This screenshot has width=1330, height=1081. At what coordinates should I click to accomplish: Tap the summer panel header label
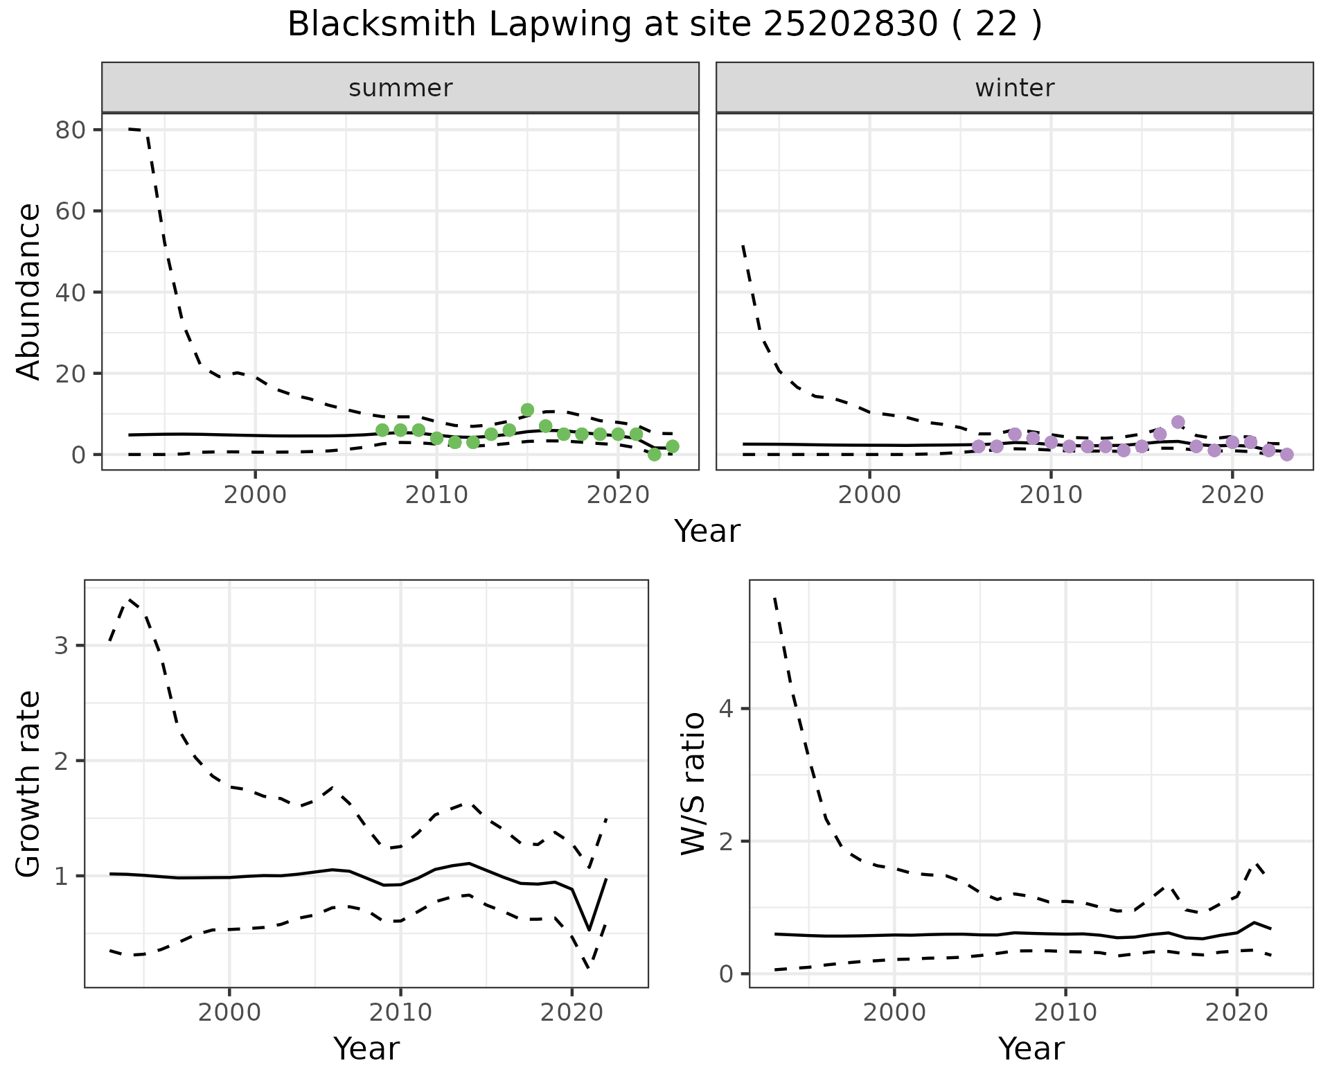pos(400,88)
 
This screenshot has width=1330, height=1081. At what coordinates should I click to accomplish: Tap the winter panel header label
pos(1014,88)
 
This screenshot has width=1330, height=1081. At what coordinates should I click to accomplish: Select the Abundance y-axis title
pos(29,291)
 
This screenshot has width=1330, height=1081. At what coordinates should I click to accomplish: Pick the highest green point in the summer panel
pos(527,410)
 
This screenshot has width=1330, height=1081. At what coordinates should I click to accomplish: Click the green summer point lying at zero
pos(654,455)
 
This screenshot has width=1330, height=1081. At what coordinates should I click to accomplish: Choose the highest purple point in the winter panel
pos(1178,422)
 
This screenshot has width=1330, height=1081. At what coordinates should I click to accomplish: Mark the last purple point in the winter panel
pos(1286,455)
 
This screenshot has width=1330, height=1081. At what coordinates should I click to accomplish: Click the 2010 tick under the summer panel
pos(436,496)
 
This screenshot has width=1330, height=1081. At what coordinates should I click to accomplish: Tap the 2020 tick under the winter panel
pos(1232,496)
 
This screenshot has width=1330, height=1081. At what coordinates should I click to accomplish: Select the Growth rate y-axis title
pos(29,784)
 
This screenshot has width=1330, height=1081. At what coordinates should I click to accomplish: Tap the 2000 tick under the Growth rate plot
pos(229,1013)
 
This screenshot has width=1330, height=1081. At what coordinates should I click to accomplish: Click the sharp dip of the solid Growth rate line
pos(589,929)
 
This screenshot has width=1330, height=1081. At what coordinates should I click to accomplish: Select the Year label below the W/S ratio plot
pos(1031,1049)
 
